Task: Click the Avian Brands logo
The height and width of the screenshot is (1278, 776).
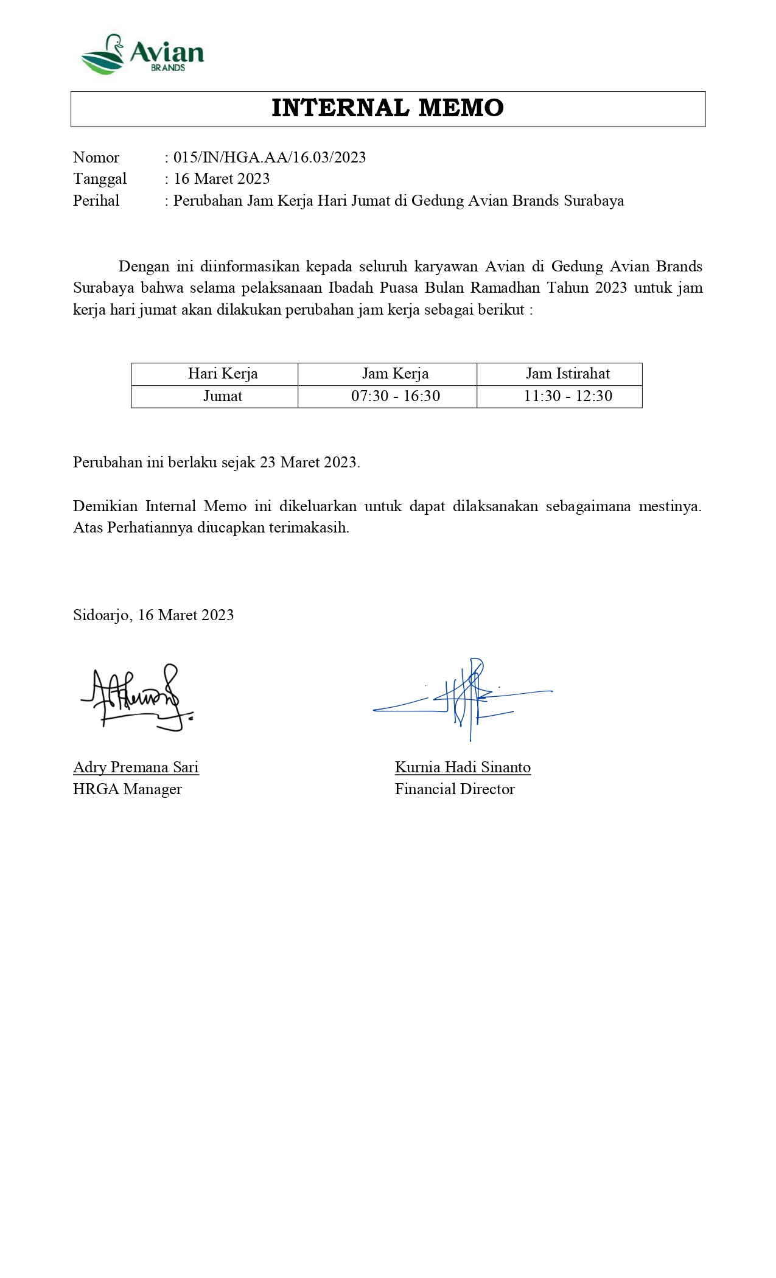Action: [x=142, y=55]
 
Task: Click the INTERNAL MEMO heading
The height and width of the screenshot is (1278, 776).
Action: [x=388, y=108]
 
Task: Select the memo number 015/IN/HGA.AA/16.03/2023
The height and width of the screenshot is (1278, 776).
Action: [x=270, y=158]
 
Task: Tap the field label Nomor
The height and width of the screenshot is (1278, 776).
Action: [x=96, y=158]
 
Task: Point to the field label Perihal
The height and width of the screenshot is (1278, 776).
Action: [x=96, y=201]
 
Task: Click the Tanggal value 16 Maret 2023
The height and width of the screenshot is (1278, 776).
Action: [x=222, y=179]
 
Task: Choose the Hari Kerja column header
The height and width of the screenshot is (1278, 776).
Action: [x=223, y=374]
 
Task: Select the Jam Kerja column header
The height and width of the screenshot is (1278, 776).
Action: [x=395, y=374]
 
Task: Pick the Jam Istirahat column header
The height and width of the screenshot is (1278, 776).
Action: [x=568, y=374]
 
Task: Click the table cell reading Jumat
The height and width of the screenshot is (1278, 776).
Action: [x=223, y=396]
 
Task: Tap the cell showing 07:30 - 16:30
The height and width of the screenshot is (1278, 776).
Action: [x=396, y=396]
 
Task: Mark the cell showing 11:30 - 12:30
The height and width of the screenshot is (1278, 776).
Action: [x=568, y=396]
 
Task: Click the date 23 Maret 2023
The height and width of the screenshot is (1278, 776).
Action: [x=309, y=463]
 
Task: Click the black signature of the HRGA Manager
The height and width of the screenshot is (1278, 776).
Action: [x=137, y=698]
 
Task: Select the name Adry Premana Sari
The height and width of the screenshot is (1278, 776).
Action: [x=136, y=767]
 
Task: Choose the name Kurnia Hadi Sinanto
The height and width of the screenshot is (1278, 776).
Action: [x=463, y=767]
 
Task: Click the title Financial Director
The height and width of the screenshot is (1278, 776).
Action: [x=455, y=789]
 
